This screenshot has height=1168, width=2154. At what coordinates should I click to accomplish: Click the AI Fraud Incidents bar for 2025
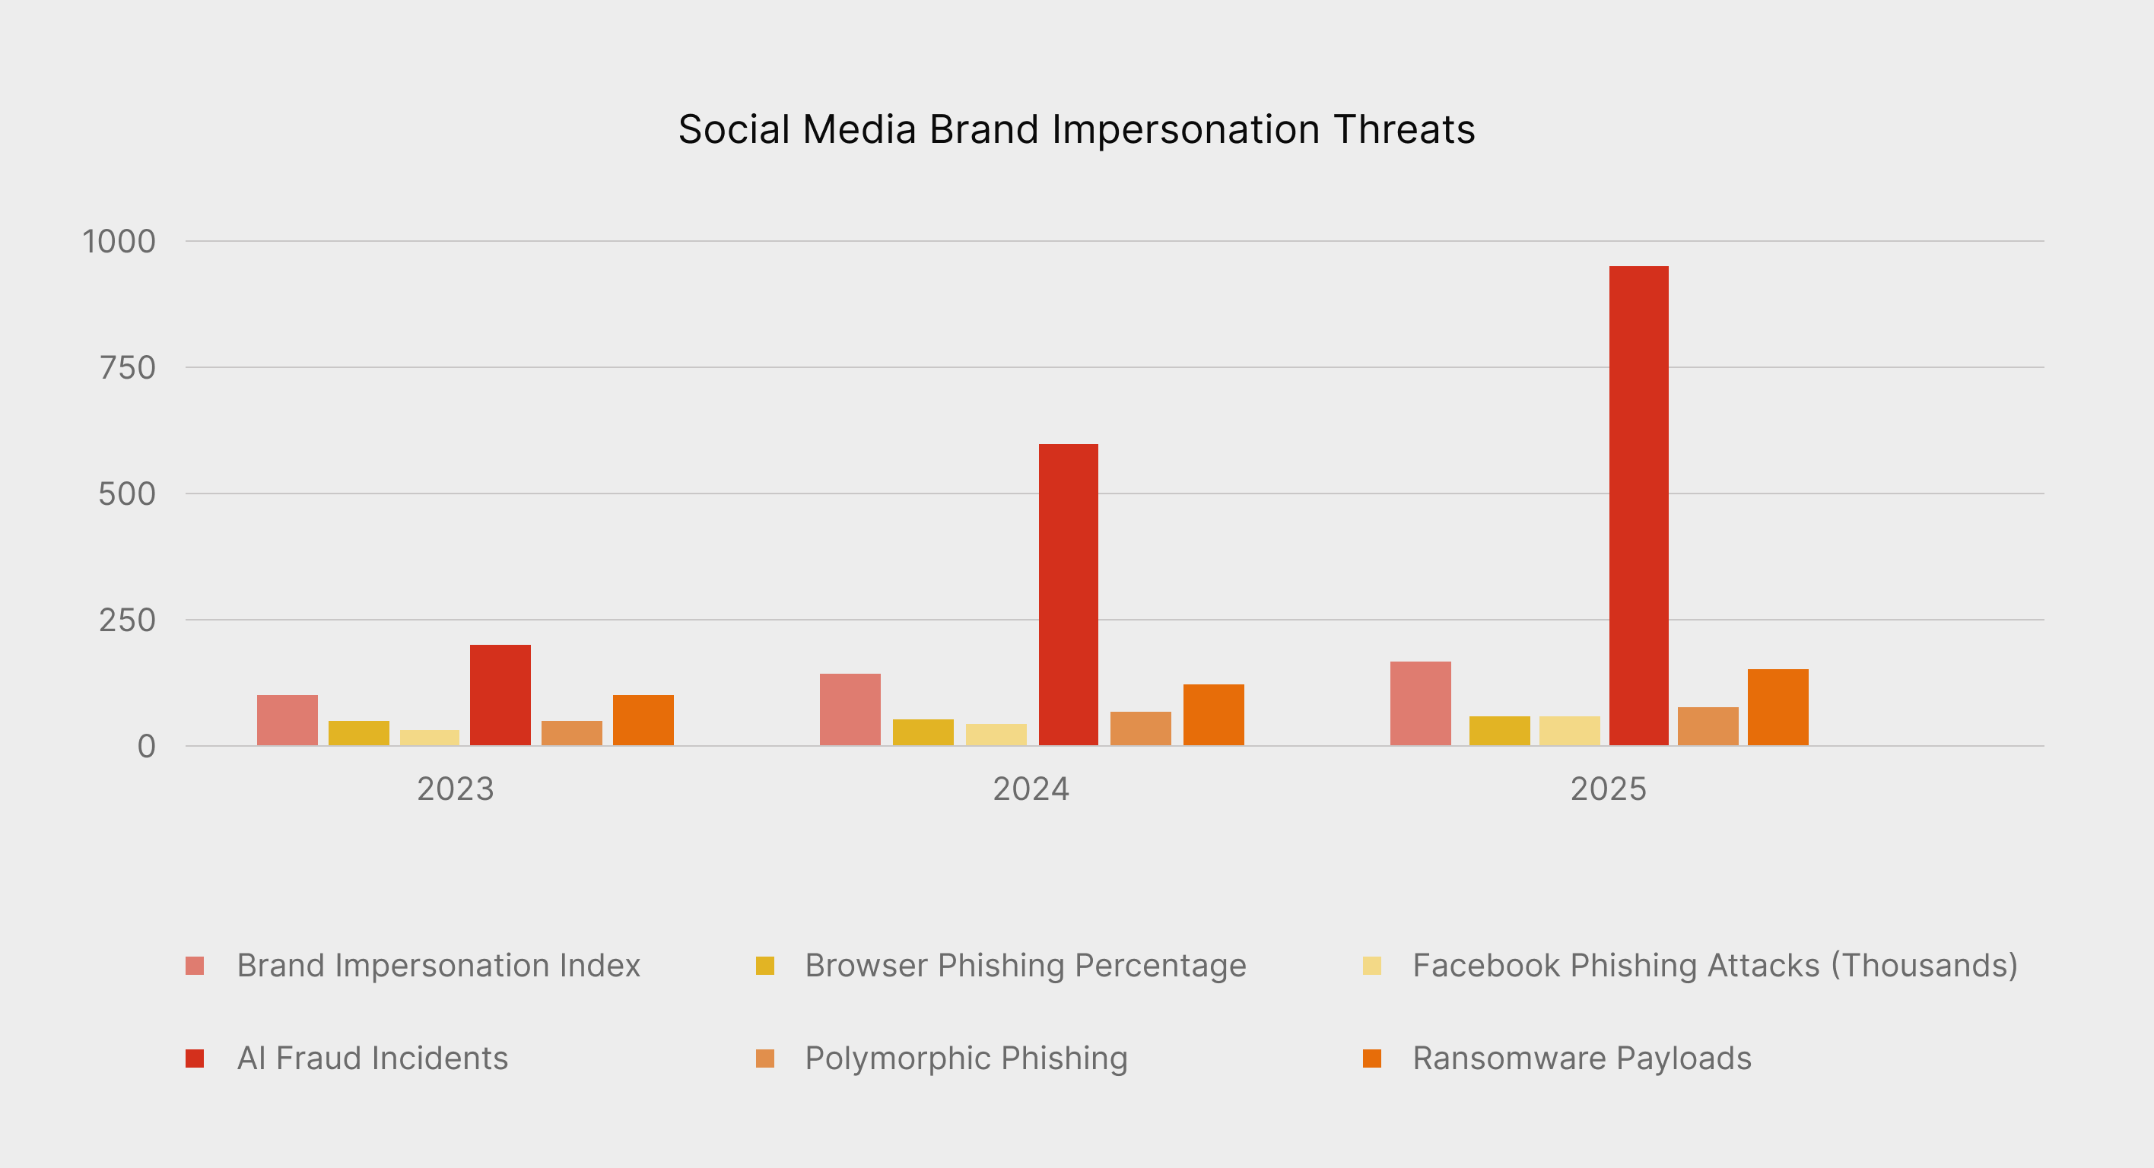(1638, 506)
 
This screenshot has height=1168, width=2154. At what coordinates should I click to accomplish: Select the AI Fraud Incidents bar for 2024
(1068, 595)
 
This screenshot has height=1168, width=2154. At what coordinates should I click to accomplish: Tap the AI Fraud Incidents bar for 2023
(500, 695)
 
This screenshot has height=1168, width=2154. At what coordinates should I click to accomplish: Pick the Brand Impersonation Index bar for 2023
(287, 720)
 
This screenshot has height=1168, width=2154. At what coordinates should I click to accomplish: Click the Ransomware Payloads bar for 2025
(1778, 707)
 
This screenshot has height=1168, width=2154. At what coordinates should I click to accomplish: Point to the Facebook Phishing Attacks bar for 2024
(996, 734)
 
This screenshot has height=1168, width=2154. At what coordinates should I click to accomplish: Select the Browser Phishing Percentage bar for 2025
(1499, 731)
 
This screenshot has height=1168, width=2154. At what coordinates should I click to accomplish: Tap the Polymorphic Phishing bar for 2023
(571, 732)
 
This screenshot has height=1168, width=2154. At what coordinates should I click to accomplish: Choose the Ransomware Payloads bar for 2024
(1213, 715)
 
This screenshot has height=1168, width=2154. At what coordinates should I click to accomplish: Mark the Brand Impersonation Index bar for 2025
(1420, 703)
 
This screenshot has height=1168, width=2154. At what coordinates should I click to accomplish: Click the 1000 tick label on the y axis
(119, 242)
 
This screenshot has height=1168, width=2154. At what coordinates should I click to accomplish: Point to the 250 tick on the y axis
(127, 620)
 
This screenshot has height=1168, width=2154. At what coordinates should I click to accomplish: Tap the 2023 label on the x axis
(455, 789)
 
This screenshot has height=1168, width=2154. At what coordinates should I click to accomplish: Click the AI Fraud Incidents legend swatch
(195, 1058)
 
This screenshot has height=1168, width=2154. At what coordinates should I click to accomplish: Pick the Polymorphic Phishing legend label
(966, 1058)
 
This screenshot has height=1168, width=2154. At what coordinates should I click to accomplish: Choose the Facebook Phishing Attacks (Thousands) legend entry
(1714, 966)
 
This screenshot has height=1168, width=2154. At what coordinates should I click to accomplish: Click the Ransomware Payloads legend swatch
(1371, 1058)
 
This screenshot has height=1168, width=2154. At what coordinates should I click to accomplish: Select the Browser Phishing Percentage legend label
(1025, 966)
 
